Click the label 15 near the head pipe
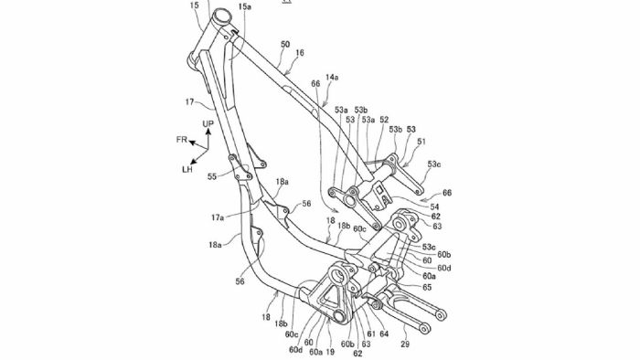point(194,5)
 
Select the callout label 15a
point(245,6)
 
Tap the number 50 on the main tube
point(285,44)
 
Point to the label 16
point(300,53)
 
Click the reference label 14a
point(332,77)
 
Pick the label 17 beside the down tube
point(189,102)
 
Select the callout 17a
point(218,217)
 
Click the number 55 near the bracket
point(212,176)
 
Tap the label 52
point(384,120)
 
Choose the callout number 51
point(421,142)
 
